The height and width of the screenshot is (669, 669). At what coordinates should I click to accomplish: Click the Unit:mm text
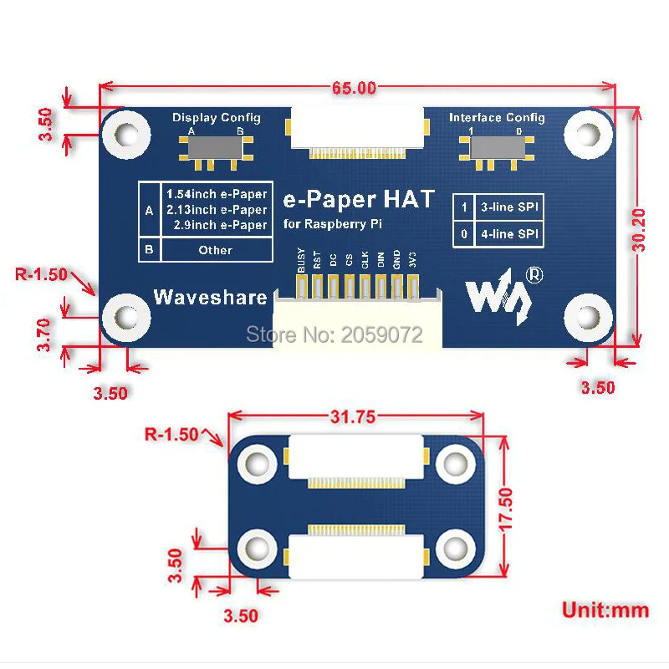[605, 609]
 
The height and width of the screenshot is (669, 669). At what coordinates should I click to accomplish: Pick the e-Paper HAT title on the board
[359, 199]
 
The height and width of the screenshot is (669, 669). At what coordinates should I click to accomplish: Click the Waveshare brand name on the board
[210, 297]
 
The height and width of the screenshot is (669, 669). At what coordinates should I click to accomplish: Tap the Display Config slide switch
[216, 149]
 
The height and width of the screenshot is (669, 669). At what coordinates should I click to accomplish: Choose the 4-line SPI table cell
[508, 234]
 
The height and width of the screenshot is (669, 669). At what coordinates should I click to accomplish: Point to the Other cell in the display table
[216, 250]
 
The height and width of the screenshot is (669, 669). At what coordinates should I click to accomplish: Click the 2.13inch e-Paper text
[217, 210]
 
